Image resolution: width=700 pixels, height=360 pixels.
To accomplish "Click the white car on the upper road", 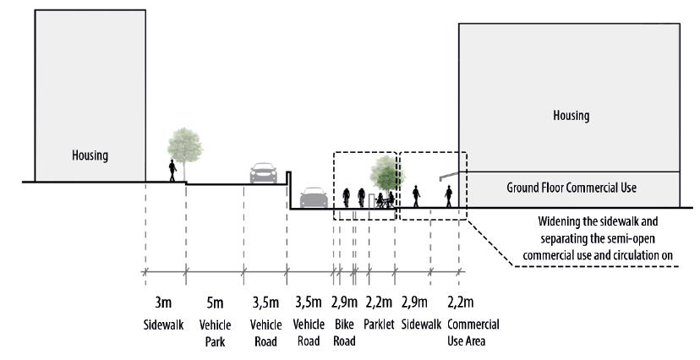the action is tap(263, 172).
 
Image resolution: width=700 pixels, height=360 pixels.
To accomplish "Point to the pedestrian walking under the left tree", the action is tap(172, 171).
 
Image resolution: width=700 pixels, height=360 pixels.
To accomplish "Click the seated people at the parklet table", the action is tap(382, 200).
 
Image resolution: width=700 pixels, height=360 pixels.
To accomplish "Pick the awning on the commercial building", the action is tap(444, 177).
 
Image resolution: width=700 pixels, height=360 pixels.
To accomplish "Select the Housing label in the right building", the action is tap(570, 115).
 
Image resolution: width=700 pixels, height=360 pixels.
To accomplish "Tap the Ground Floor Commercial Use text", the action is tap(570, 187).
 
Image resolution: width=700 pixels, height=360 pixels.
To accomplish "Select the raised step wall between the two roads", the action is tap(288, 190).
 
